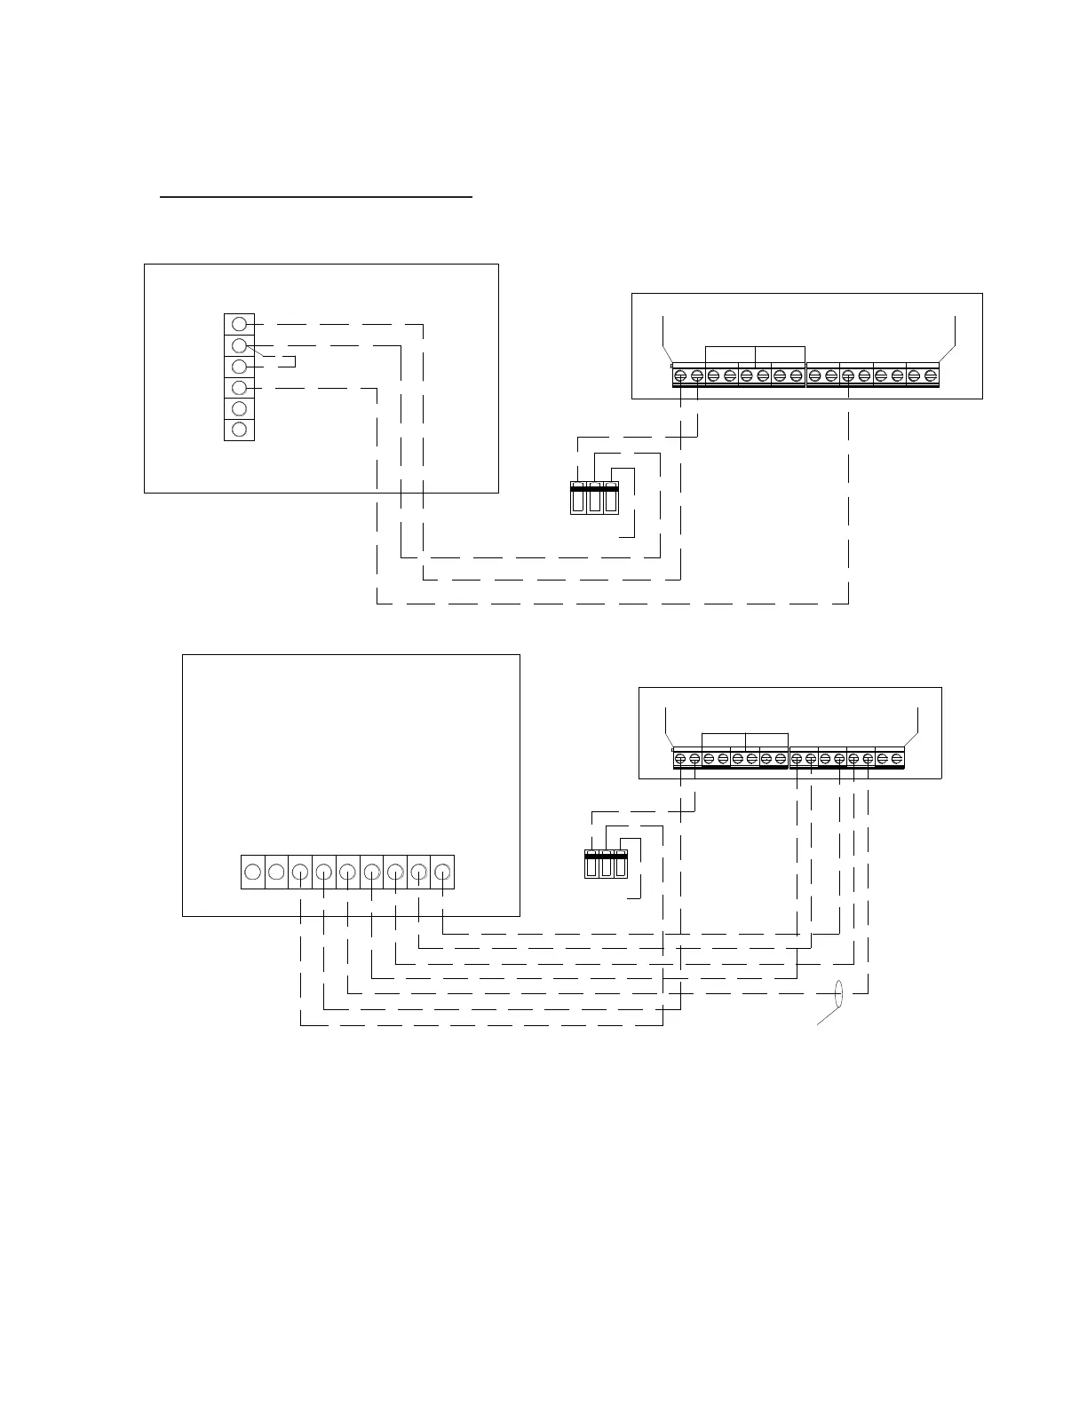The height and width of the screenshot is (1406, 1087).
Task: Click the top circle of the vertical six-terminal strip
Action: (x=239, y=324)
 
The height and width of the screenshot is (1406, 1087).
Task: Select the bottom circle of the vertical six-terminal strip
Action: (x=239, y=430)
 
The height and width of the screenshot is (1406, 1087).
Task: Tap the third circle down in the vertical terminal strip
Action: (x=239, y=367)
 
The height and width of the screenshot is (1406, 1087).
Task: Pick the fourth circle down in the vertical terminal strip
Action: (x=239, y=388)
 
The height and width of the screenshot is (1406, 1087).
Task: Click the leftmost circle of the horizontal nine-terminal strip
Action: (x=252, y=872)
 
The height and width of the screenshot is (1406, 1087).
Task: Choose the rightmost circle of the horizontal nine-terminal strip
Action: (x=442, y=872)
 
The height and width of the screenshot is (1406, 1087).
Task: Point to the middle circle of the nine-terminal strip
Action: (x=347, y=872)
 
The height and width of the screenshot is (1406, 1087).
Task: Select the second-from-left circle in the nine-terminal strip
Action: (x=276, y=872)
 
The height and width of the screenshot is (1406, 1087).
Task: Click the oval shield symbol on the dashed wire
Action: (x=838, y=994)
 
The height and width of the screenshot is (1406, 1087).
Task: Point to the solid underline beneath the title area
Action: (x=316, y=196)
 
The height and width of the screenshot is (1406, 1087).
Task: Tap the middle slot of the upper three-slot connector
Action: (x=594, y=498)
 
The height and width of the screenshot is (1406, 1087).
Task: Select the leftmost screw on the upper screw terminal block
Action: (x=680, y=376)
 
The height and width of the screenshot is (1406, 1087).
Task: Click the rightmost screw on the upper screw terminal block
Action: (x=931, y=376)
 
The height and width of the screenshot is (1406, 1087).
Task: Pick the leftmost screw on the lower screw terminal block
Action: (x=681, y=760)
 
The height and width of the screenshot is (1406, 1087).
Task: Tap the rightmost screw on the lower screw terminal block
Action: (x=897, y=760)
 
